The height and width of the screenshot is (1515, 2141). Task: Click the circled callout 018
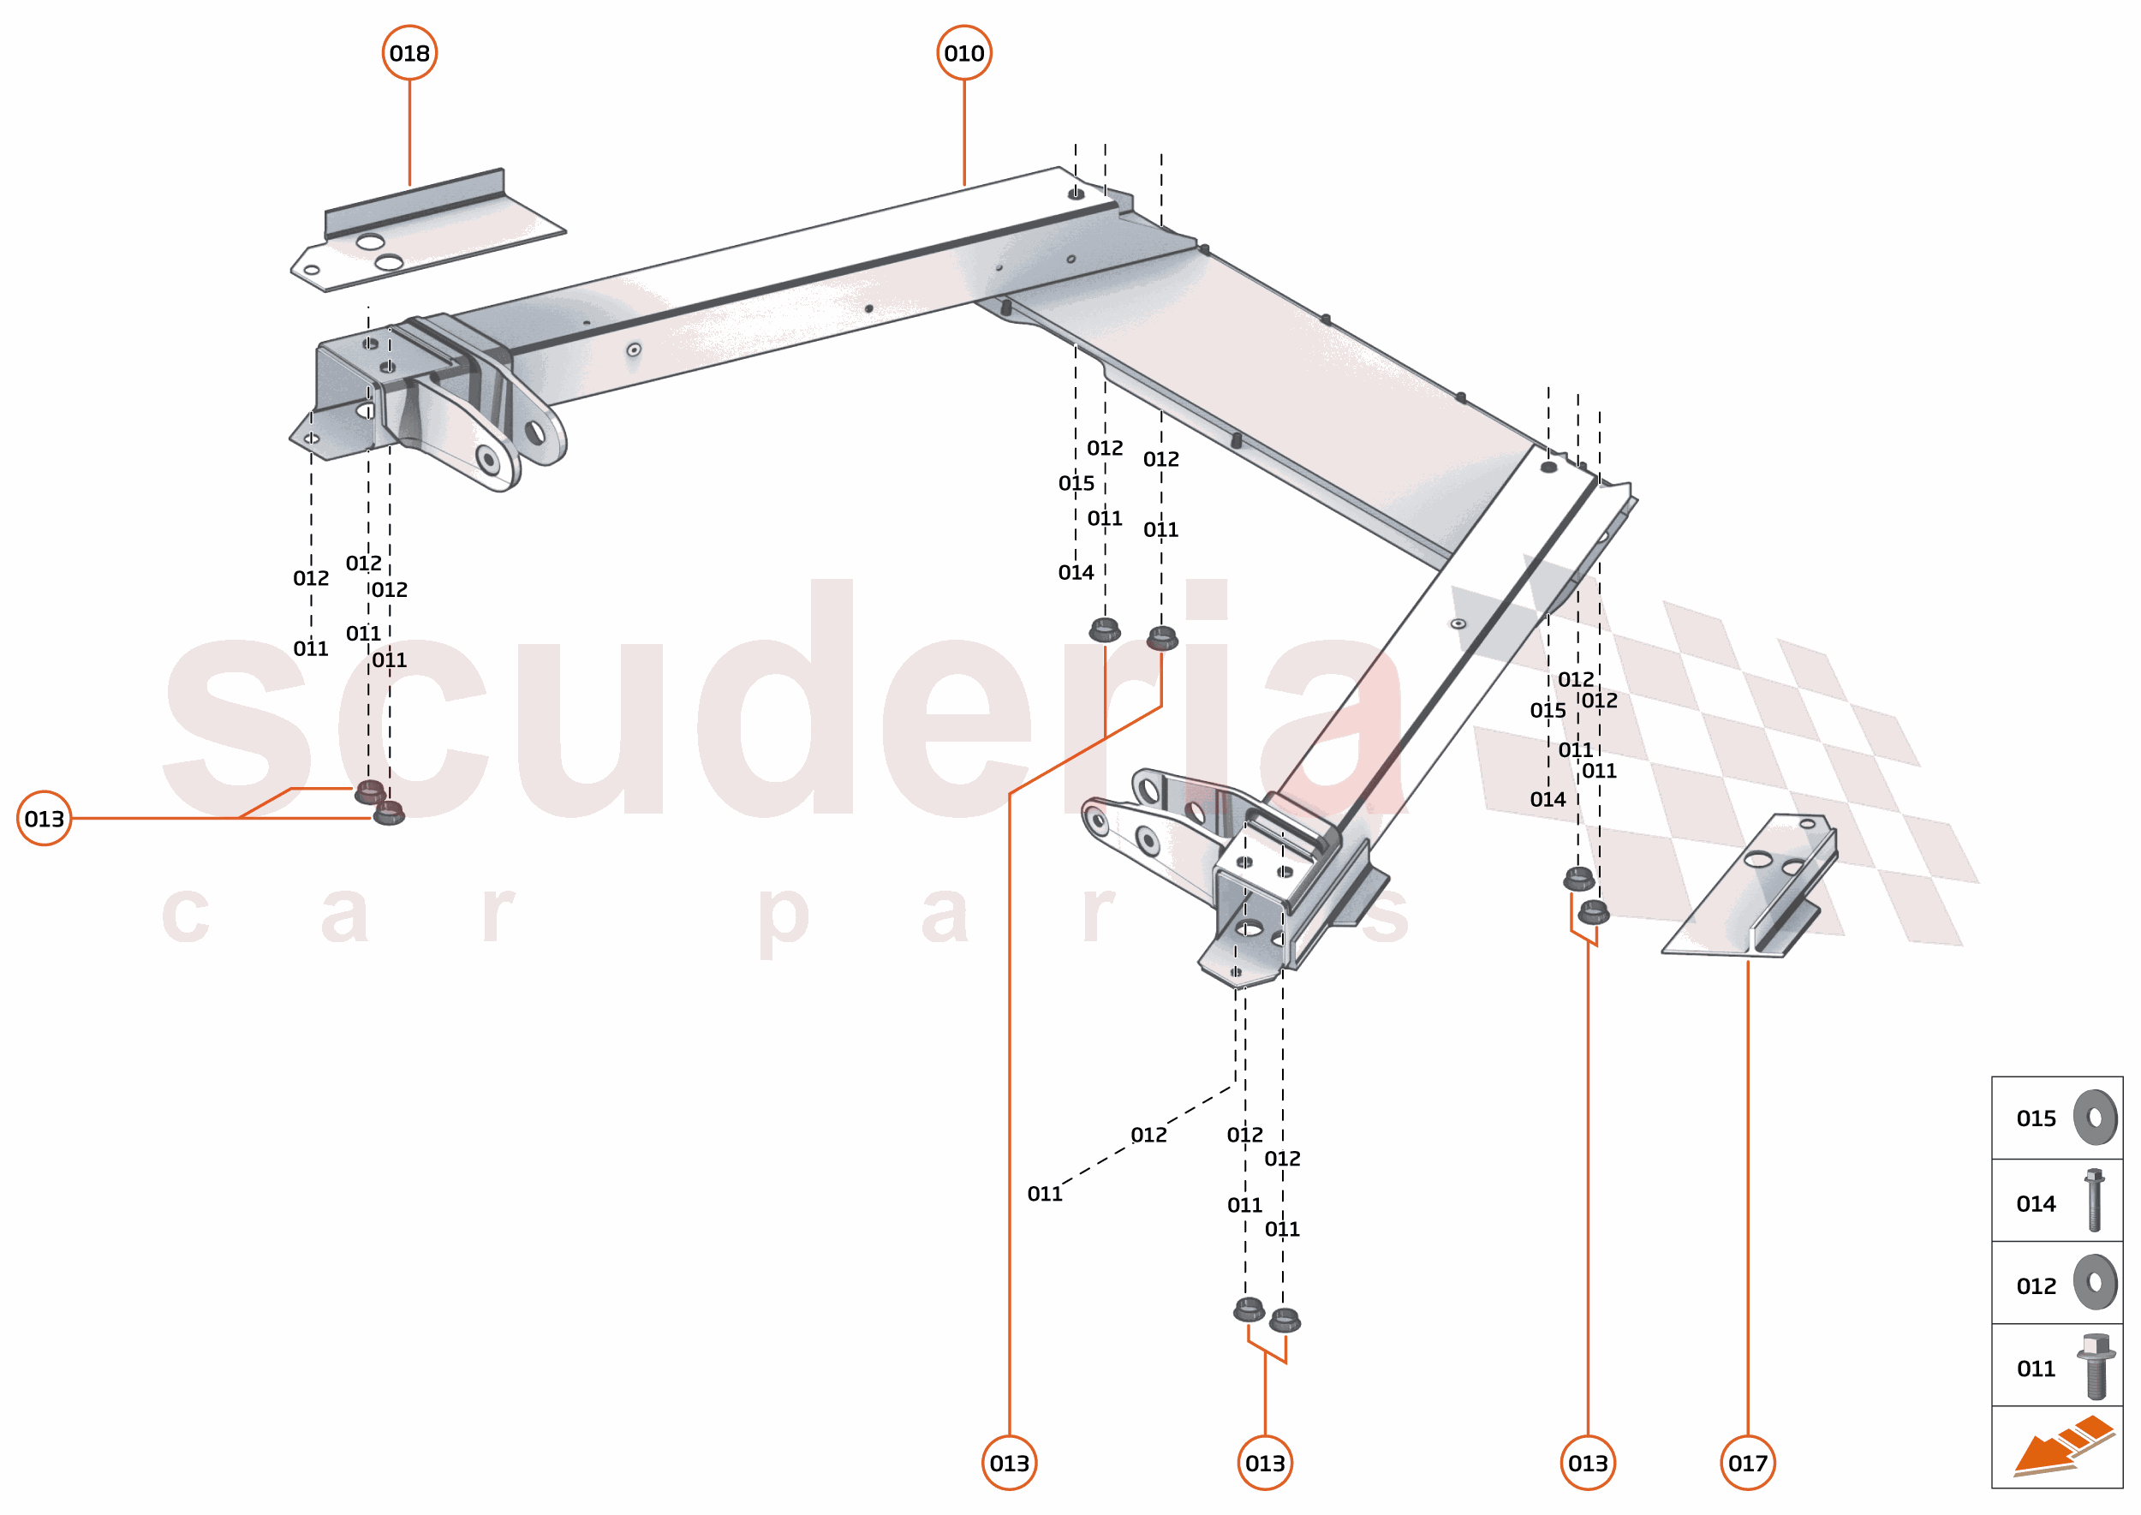(x=409, y=53)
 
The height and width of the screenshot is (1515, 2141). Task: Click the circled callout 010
(x=963, y=53)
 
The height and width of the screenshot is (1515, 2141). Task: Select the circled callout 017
(x=1747, y=1463)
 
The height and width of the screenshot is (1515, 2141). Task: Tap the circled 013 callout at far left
(x=44, y=818)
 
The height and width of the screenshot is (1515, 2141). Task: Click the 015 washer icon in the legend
(x=2095, y=1117)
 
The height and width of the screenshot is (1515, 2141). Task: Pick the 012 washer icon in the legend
(x=2095, y=1283)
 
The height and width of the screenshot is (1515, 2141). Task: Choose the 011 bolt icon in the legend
(x=2096, y=1367)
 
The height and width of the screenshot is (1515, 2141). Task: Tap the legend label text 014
(x=2036, y=1203)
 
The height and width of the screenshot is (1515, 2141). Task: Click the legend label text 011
(x=2036, y=1369)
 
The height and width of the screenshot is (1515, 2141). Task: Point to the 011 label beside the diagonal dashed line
(x=1044, y=1193)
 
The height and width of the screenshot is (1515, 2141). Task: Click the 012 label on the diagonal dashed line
(x=1148, y=1135)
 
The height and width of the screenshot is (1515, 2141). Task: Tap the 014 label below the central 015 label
(x=1076, y=572)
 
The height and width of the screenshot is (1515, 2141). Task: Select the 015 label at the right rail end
(x=1548, y=710)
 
